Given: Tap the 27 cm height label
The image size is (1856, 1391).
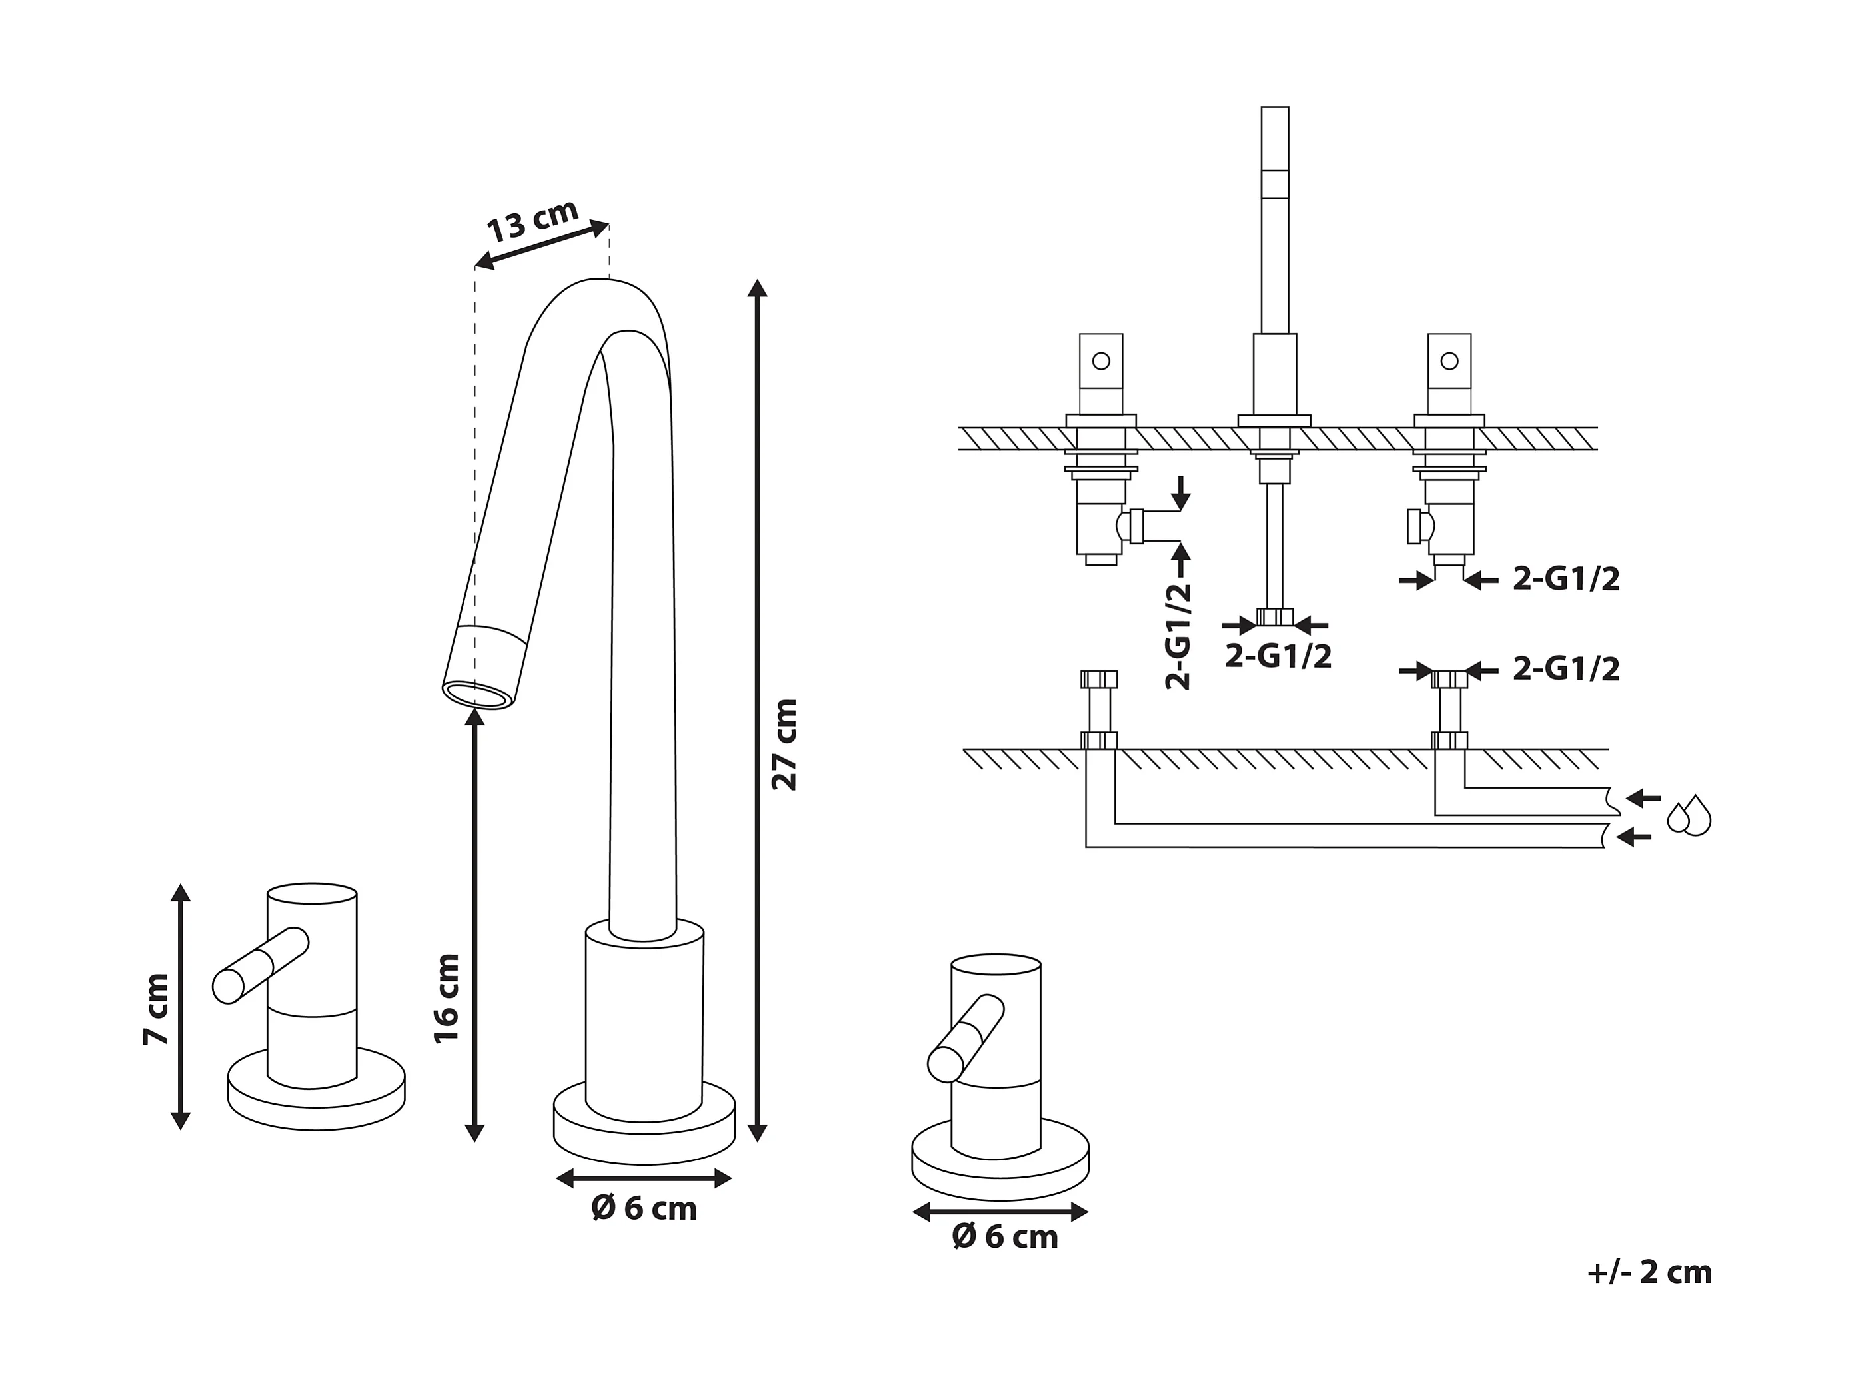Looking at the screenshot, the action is pyautogui.click(x=785, y=744).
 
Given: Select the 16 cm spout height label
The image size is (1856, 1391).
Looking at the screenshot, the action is pyautogui.click(x=447, y=997).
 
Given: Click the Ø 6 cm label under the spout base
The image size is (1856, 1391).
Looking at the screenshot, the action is pyautogui.click(x=644, y=1209).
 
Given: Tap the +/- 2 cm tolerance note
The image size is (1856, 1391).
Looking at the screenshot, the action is pyautogui.click(x=1649, y=1272).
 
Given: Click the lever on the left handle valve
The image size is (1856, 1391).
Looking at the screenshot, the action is pyautogui.click(x=261, y=964).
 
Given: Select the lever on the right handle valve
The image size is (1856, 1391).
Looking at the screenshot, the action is pyautogui.click(x=966, y=1038).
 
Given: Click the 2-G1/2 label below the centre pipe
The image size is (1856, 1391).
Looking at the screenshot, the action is pyautogui.click(x=1278, y=656).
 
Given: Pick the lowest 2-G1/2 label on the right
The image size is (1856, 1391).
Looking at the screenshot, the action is pyautogui.click(x=1565, y=669).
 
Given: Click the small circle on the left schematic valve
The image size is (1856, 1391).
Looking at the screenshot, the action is pyautogui.click(x=1102, y=361).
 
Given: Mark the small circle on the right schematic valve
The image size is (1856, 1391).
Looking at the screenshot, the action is pyautogui.click(x=1449, y=361).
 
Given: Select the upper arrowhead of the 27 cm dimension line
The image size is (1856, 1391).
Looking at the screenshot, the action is pyautogui.click(x=757, y=288).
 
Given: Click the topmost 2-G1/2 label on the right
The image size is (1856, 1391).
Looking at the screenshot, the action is pyautogui.click(x=1565, y=579).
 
